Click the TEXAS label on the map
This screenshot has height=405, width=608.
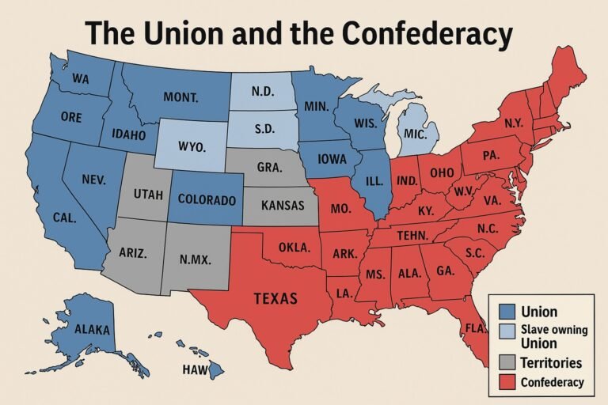(275, 298)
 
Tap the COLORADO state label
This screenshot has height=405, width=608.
(205, 199)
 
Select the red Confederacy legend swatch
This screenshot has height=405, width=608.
(507, 383)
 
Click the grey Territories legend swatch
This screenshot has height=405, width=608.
(507, 363)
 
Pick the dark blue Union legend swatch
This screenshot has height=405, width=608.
(507, 312)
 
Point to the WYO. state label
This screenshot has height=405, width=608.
(192, 148)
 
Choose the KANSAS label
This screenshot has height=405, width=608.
(281, 205)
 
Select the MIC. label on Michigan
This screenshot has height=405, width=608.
(414, 134)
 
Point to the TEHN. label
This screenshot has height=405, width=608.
(412, 235)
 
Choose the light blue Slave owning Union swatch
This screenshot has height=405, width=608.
(507, 331)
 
